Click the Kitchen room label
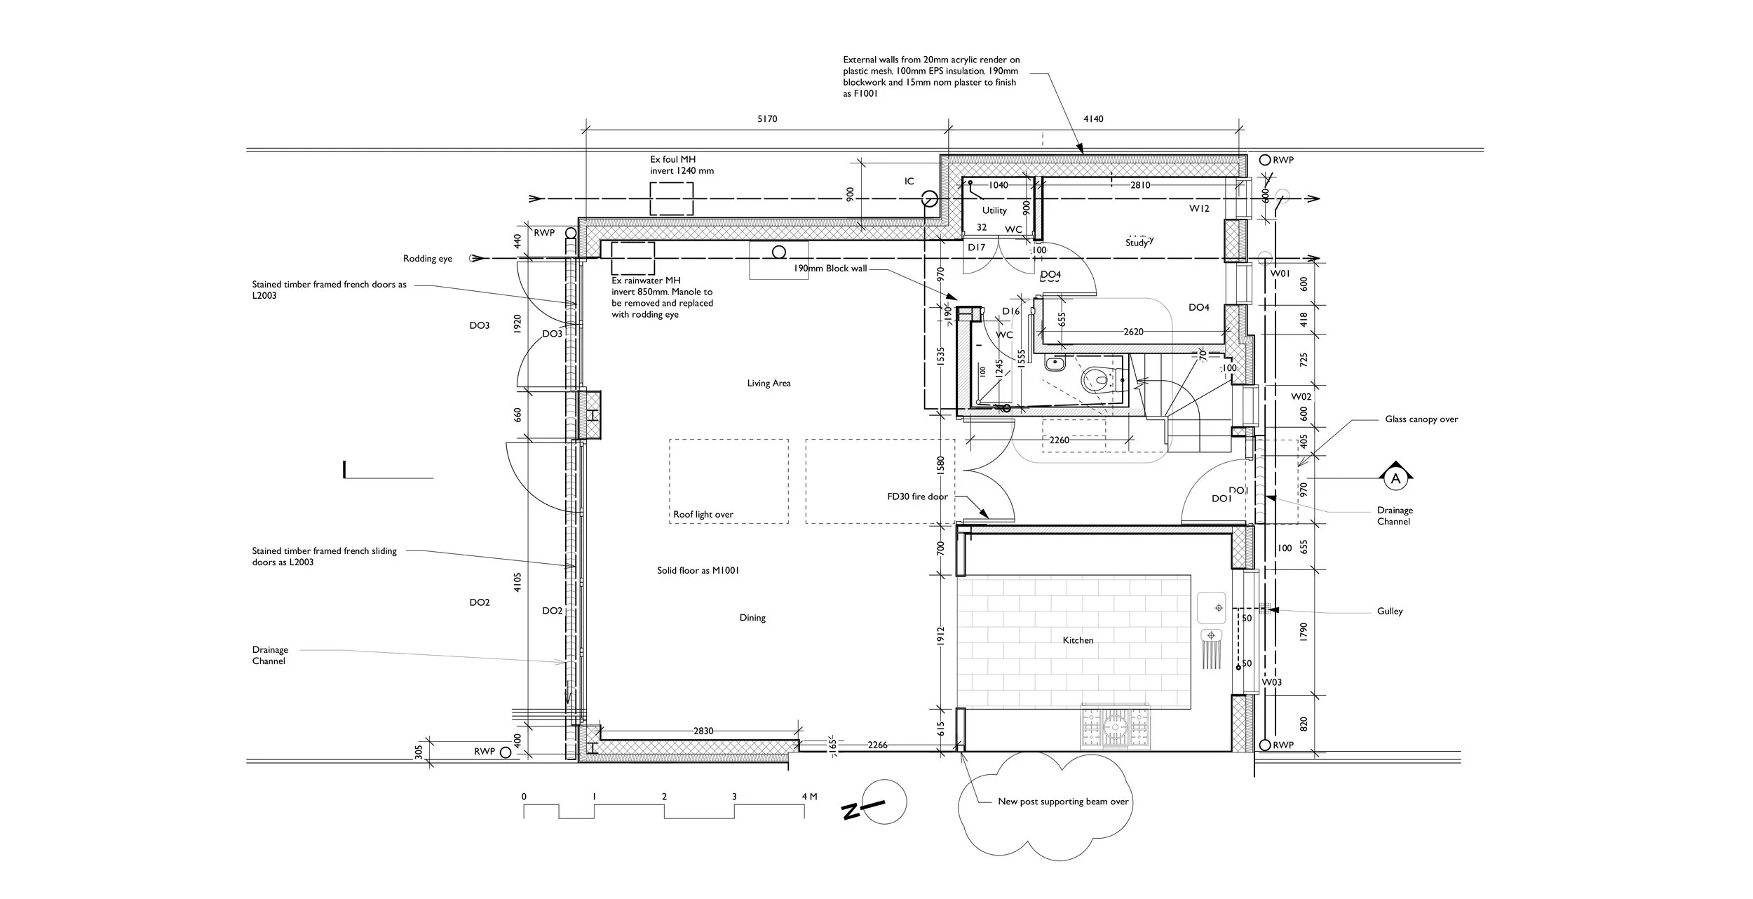click(1078, 640)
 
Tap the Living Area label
click(769, 384)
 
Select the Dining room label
click(752, 618)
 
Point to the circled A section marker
click(1395, 479)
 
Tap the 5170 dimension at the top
click(767, 119)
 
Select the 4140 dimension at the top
click(1093, 119)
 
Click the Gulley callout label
click(1389, 611)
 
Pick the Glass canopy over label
click(1421, 419)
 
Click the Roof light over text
click(703, 515)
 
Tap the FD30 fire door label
click(917, 496)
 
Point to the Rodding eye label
click(428, 259)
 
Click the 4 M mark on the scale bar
click(808, 797)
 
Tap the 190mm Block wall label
click(830, 269)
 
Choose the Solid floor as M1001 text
click(698, 571)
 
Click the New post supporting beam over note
click(1063, 802)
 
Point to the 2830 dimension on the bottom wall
click(703, 731)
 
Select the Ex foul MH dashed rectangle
click(671, 198)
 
